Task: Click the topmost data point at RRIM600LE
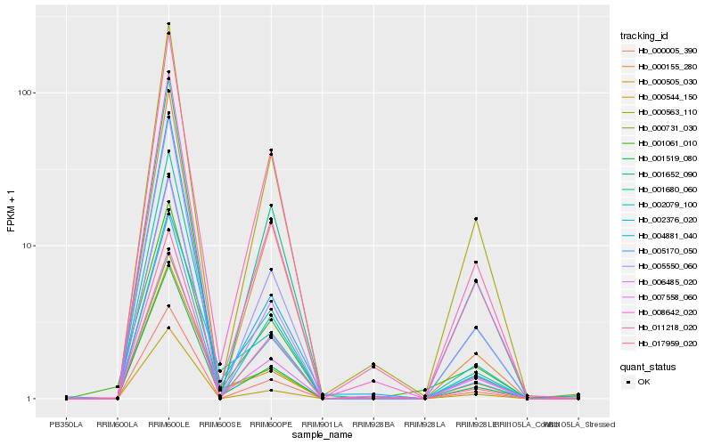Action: pos(168,24)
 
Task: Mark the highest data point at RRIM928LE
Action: pos(476,219)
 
